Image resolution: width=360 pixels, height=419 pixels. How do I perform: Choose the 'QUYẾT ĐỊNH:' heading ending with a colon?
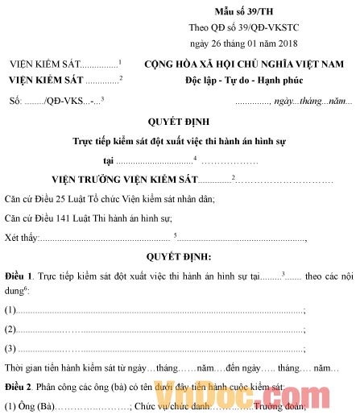pyautogui.click(x=179, y=256)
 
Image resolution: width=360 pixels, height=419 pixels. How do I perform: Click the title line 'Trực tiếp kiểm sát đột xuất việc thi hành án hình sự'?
pyautogui.click(x=179, y=140)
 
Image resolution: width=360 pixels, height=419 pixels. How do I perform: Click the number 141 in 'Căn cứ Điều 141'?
pyautogui.click(x=72, y=217)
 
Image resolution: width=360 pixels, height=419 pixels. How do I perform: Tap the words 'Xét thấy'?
pyautogui.click(x=21, y=237)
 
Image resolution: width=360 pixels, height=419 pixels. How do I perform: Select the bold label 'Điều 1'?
pyautogui.click(x=18, y=276)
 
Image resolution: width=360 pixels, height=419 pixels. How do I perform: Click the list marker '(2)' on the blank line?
pyautogui.click(x=10, y=329)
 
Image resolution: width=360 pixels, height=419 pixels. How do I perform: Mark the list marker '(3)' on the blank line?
pyautogui.click(x=10, y=348)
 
